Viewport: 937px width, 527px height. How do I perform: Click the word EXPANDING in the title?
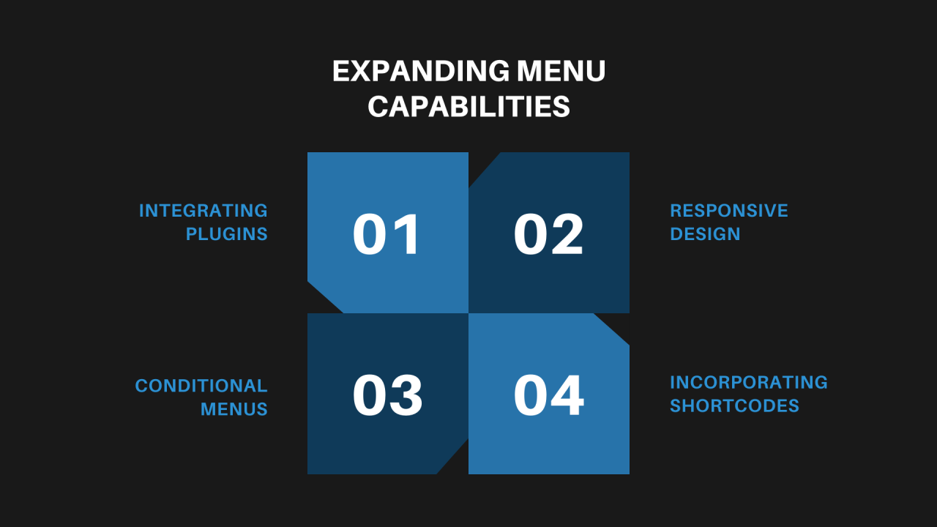[x=421, y=71]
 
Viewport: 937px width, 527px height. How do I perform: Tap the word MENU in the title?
[x=561, y=71]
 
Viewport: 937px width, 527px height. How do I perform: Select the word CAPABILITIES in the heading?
[x=469, y=106]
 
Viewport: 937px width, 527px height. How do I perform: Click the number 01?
[x=386, y=233]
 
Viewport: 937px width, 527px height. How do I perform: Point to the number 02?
[x=548, y=233]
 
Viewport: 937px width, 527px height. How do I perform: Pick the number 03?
[x=387, y=395]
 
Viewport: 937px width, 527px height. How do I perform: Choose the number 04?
[x=548, y=395]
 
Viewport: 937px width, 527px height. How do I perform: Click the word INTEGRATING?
[x=204, y=210]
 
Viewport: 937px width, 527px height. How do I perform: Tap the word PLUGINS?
[x=227, y=233]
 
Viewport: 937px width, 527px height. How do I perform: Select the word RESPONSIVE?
[x=729, y=210]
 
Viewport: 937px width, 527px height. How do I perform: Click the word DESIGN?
[x=705, y=233]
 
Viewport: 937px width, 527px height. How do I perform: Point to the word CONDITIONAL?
[x=201, y=386]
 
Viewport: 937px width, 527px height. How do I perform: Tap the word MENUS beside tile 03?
[x=234, y=409]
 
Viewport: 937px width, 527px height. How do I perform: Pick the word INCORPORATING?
[x=749, y=382]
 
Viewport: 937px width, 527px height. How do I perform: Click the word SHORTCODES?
[x=734, y=405]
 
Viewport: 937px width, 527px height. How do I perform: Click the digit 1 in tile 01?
[x=406, y=233]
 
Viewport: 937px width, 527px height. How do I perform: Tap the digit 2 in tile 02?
[x=567, y=233]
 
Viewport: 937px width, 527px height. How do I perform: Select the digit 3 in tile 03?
[x=406, y=395]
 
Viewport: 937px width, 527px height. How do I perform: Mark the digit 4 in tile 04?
[x=567, y=395]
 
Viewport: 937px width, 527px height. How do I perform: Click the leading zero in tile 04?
[x=531, y=395]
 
